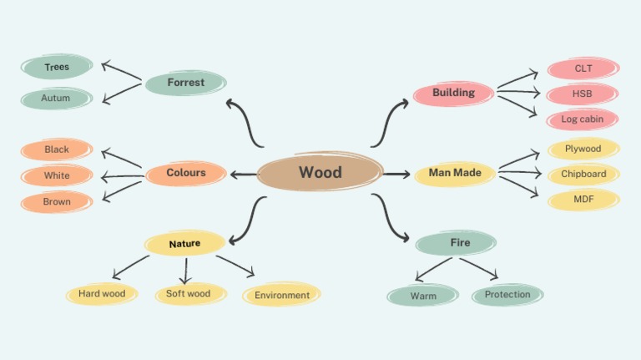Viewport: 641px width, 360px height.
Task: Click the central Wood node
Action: pos(320,173)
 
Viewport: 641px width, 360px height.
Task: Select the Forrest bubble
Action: pos(185,83)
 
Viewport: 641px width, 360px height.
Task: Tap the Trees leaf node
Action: pos(57,67)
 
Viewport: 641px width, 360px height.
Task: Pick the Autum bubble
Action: pos(57,99)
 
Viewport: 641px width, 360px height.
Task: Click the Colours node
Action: pos(185,173)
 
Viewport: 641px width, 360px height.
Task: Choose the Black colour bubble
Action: pos(57,150)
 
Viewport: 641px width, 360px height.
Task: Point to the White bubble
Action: pos(57,176)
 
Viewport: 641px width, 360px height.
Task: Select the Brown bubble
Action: pos(57,202)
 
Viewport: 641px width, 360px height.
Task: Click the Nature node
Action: pos(184,244)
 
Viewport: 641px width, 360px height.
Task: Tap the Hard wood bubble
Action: pos(102,294)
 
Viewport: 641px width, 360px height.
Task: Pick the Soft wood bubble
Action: pos(189,294)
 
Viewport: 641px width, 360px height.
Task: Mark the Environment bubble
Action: pos(282,295)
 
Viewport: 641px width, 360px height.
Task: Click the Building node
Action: pos(454,93)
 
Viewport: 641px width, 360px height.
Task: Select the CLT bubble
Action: pos(583,68)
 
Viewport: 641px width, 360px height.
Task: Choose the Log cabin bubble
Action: pos(583,119)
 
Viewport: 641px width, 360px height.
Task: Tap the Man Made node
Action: pos(455,174)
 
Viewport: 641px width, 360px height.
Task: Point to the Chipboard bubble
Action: pos(583,175)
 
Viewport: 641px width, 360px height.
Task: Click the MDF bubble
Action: pos(583,200)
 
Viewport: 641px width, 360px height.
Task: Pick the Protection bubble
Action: pos(507,295)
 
